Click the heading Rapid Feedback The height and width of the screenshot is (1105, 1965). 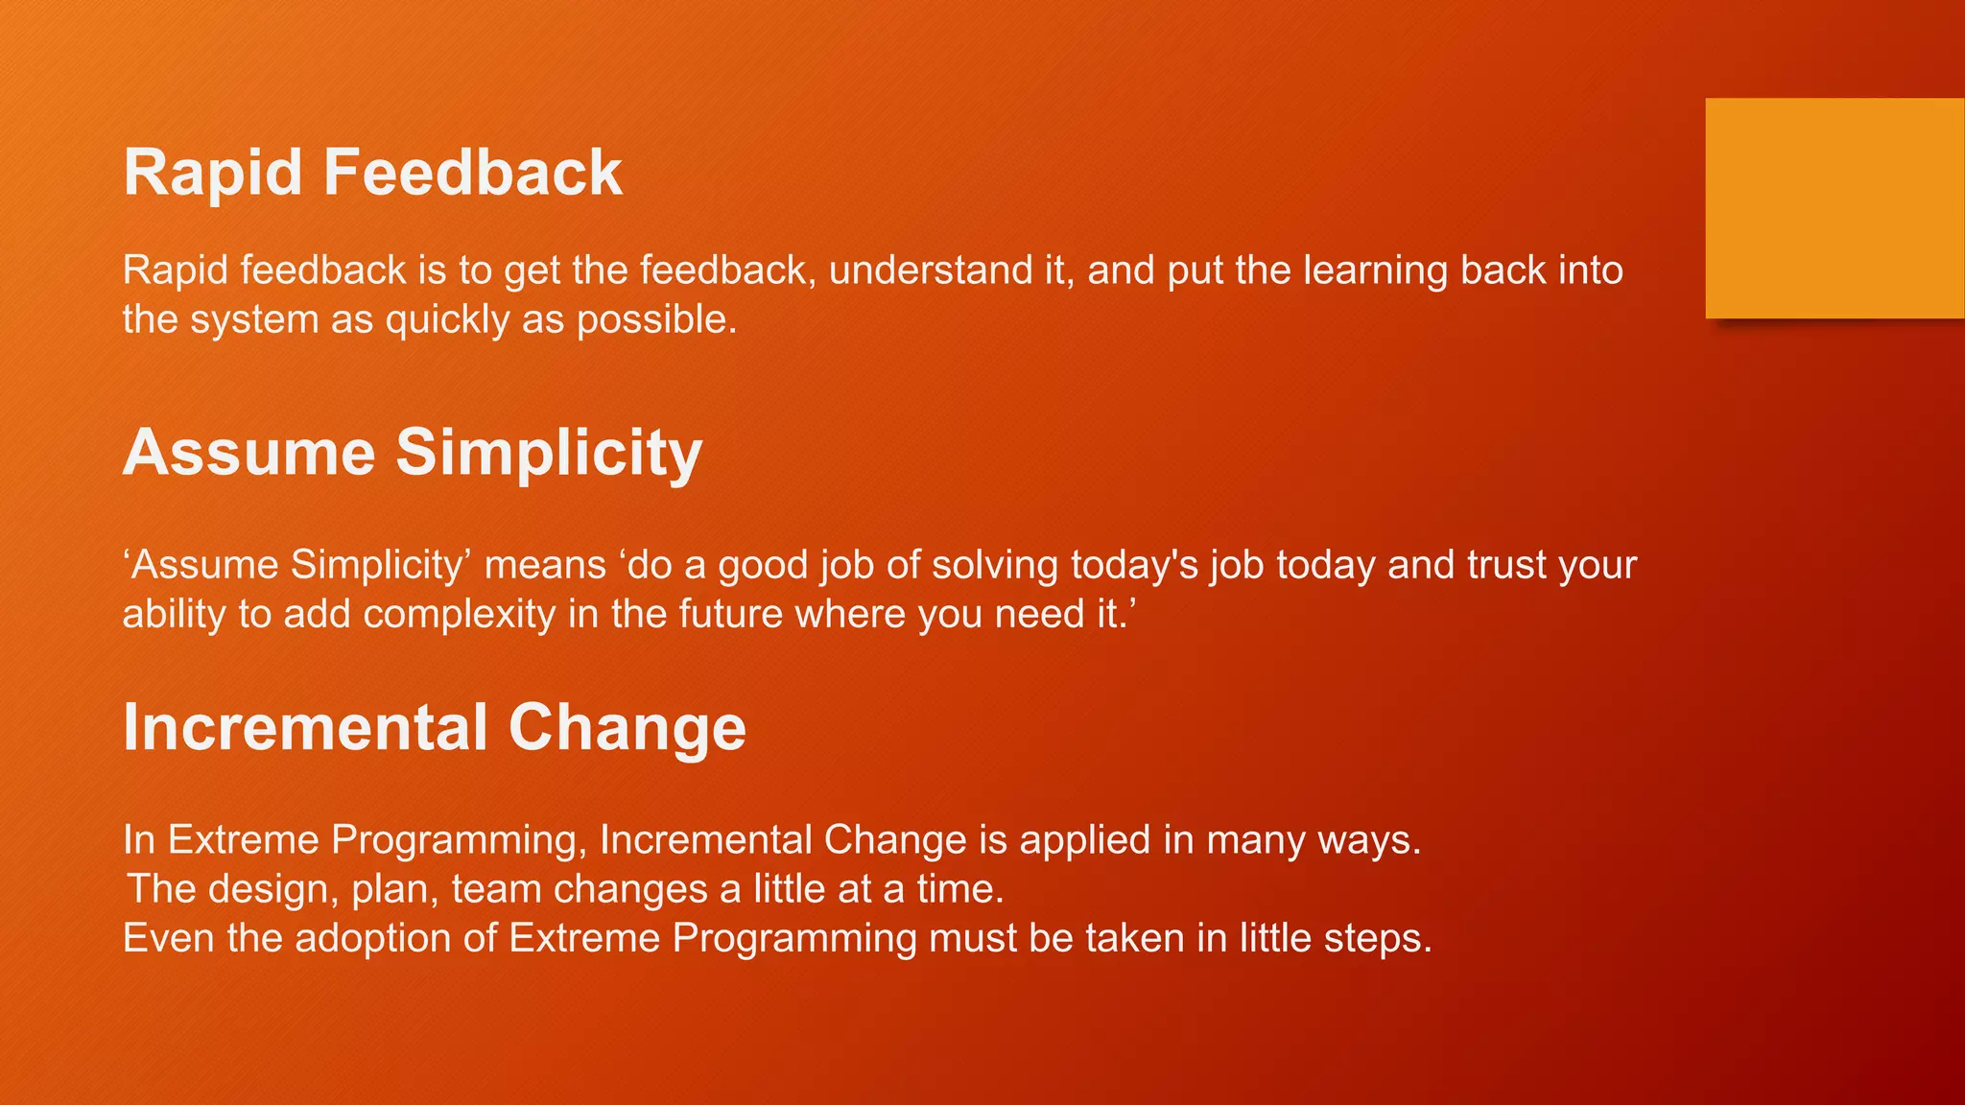pyautogui.click(x=372, y=174)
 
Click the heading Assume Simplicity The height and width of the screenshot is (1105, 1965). pyautogui.click(x=413, y=452)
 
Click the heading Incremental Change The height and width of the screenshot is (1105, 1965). pyautogui.click(x=434, y=727)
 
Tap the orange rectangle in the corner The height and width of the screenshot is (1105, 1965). pyautogui.click(x=1834, y=208)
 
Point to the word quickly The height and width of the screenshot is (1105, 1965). pyautogui.click(x=447, y=320)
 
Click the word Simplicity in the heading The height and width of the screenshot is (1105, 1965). pyautogui.click(x=549, y=452)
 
